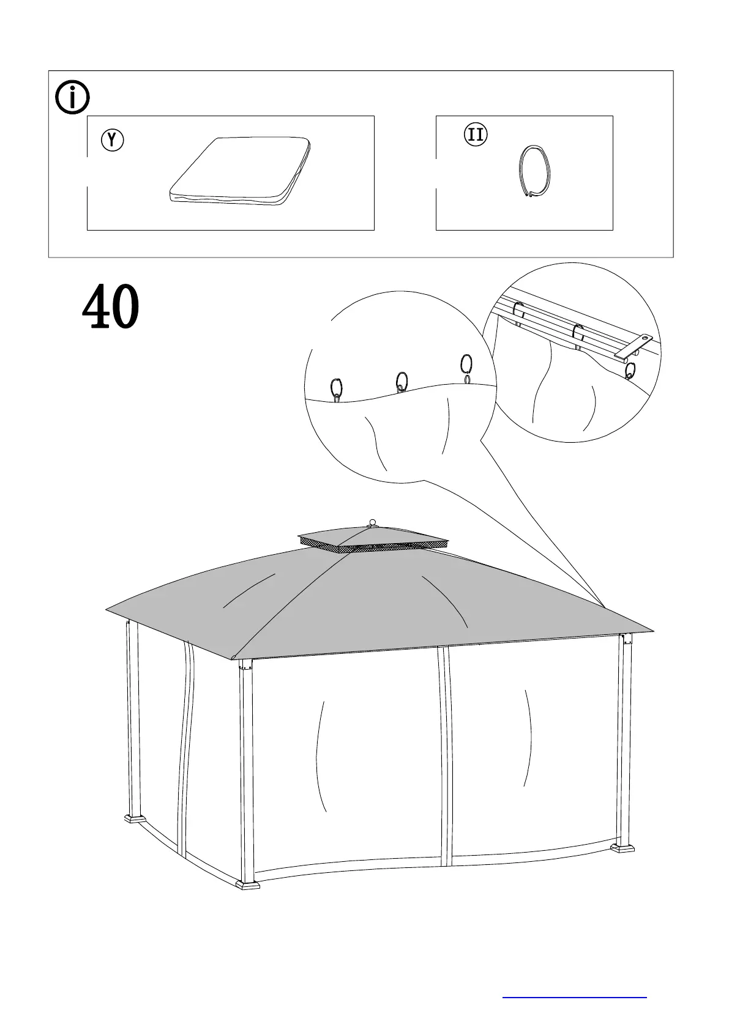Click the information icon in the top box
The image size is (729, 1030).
[72, 97]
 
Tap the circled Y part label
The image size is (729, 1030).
[112, 140]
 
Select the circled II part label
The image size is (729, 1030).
[476, 135]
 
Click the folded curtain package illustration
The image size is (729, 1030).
[240, 171]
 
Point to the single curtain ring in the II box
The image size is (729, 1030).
[533, 171]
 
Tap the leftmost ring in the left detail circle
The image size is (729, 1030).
[337, 389]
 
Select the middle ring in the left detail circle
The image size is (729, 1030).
[402, 382]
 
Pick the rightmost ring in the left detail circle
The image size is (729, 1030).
[466, 366]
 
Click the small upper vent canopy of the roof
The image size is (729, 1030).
[373, 538]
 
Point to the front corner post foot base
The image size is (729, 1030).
[249, 884]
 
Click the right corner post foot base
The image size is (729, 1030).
[623, 848]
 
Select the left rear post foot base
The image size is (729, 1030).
[135, 818]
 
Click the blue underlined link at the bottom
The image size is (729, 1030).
[574, 997]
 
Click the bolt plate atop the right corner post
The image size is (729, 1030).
[626, 639]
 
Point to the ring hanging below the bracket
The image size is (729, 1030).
[631, 371]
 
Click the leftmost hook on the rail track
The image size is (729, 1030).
[518, 311]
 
